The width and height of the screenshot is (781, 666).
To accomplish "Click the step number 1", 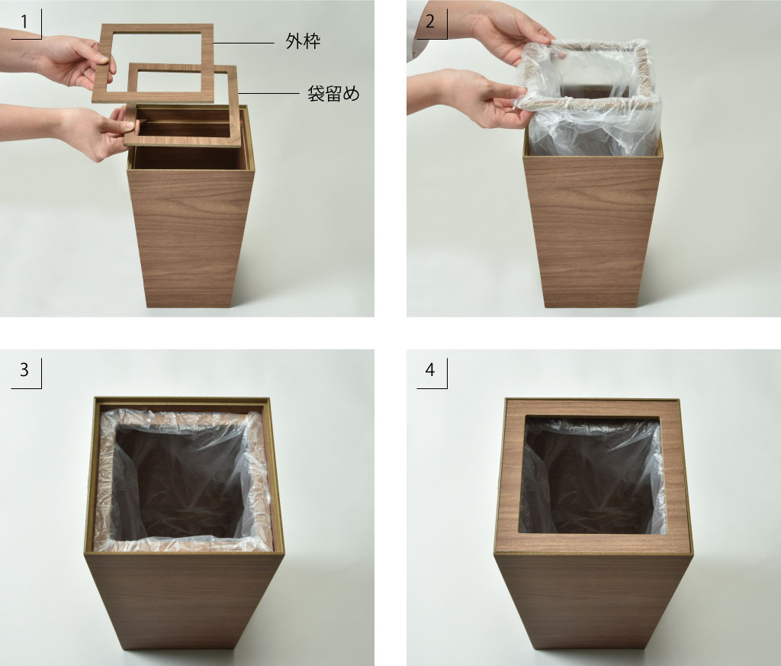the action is tap(24, 22).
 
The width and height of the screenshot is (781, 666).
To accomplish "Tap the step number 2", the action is tap(430, 21).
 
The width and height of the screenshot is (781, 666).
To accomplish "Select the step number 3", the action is tap(24, 369).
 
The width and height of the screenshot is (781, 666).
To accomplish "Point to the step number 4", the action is tap(430, 369).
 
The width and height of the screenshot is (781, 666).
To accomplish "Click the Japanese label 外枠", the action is tap(303, 41).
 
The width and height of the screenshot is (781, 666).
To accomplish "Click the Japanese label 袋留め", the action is tap(333, 93).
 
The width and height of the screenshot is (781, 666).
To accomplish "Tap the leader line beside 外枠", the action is tap(243, 43).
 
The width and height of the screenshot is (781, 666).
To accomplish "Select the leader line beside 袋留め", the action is tap(268, 93).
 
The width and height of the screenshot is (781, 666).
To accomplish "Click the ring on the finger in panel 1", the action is tap(88, 72).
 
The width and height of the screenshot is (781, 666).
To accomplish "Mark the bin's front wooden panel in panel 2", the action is tap(592, 232).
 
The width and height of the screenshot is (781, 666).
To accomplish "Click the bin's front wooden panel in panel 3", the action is tap(185, 602).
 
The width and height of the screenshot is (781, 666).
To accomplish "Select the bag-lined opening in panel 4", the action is tap(593, 476).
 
